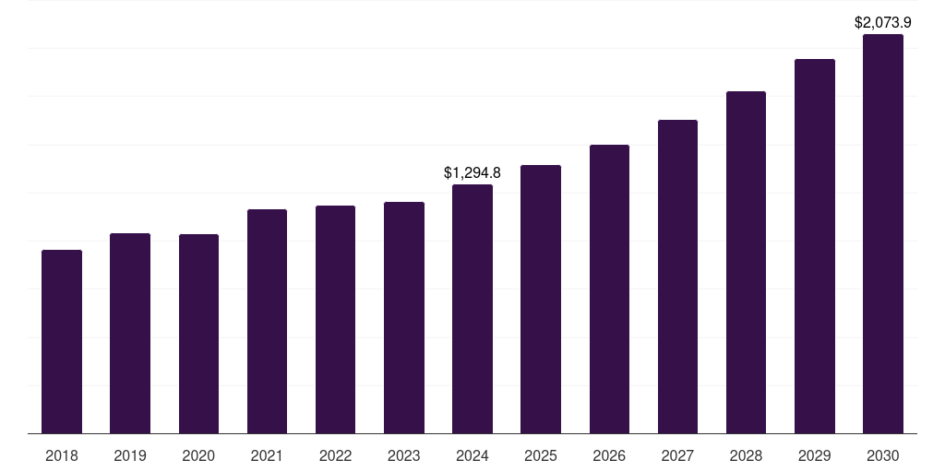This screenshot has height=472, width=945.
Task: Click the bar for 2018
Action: pos(62,341)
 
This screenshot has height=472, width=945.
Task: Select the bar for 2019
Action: pos(130,333)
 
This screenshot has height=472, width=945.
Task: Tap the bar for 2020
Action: pos(198,334)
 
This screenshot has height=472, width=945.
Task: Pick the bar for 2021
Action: pos(267,321)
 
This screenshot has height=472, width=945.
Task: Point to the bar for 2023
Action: pos(404,317)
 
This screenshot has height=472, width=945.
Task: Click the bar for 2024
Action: pos(472,309)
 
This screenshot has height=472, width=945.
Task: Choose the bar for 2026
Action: pos(609,289)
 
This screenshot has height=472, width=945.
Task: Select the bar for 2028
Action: pos(746,262)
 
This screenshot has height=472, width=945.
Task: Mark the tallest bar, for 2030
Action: pos(883,234)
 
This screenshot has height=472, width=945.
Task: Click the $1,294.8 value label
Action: pos(472,172)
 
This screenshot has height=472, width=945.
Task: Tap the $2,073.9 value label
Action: pos(883,22)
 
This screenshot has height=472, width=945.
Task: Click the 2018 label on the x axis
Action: pos(62,455)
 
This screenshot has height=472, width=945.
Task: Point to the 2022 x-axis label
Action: pos(336,455)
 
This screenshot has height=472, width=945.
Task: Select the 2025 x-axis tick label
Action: pos(541,455)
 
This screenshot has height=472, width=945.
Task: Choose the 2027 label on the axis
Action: pos(677,455)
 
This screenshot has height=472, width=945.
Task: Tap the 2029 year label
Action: pos(815,455)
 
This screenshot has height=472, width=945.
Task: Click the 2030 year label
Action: pos(883,455)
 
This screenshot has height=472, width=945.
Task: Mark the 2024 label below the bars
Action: pos(472,455)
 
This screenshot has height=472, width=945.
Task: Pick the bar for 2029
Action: pos(815,246)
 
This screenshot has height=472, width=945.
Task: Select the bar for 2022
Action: pos(336,319)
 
